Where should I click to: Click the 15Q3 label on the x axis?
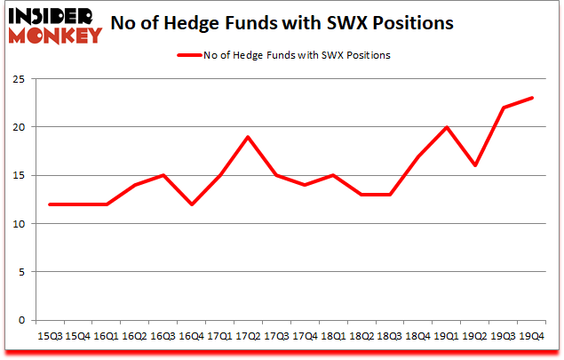[x=49, y=337]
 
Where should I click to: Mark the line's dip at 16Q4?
[x=192, y=204]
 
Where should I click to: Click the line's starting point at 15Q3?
[x=49, y=204]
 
